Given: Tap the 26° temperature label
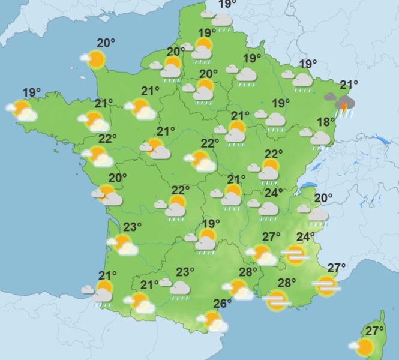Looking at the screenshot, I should coord(222,304).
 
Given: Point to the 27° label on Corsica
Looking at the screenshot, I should coord(376,331).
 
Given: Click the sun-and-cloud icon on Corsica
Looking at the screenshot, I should coord(364,346).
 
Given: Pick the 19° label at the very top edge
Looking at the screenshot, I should coord(227,5).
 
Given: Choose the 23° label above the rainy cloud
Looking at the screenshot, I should coord(185,272).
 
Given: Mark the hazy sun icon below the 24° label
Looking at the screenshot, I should coord(295,255).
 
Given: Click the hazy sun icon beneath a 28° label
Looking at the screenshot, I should coord(277,299).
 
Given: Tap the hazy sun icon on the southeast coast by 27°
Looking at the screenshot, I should coord(326,285).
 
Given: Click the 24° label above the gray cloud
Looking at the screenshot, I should coord(274,193).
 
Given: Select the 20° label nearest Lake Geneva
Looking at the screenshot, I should coord(323,199).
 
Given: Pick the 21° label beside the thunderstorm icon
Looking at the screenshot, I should coord(349,85).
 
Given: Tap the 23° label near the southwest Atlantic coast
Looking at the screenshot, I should coord(132,227).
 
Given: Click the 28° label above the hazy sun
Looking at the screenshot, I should coord(287,283).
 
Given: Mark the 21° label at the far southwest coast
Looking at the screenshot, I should coord(108,275).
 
